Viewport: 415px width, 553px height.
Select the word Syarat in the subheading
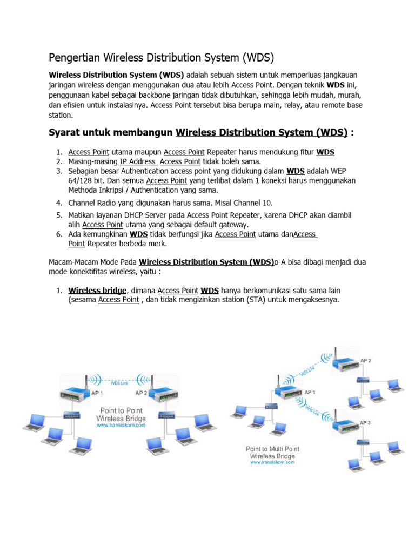[64, 133]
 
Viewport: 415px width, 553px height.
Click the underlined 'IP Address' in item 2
[138, 161]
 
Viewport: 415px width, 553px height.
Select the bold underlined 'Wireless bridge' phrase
[97, 291]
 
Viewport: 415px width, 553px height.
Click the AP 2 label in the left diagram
[142, 393]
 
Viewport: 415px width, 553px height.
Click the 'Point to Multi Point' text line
[272, 449]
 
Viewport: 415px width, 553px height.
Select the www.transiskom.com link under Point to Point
[121, 426]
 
